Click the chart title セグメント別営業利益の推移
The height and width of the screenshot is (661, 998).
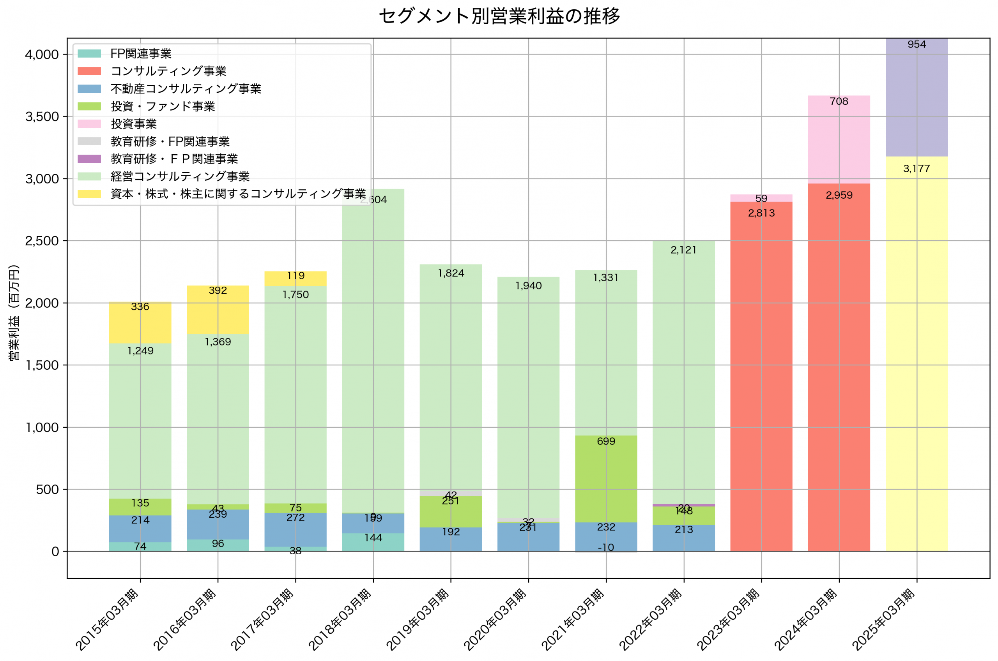499,16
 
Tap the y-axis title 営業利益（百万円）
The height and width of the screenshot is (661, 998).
14,312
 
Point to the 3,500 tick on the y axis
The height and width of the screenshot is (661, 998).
42,117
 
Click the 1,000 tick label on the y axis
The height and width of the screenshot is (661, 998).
42,427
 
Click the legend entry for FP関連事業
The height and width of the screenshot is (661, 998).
140,53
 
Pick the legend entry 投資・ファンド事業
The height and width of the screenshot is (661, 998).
163,106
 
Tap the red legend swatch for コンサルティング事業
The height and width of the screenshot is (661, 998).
89,71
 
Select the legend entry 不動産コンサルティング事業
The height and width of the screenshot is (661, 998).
186,88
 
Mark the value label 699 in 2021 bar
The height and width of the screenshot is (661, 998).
606,441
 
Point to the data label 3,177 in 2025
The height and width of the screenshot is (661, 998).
916,169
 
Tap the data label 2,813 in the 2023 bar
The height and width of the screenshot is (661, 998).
761,213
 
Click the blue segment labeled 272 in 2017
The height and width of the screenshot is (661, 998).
295,529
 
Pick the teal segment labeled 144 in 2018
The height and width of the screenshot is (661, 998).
373,542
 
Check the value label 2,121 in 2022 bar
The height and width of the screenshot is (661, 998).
683,250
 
